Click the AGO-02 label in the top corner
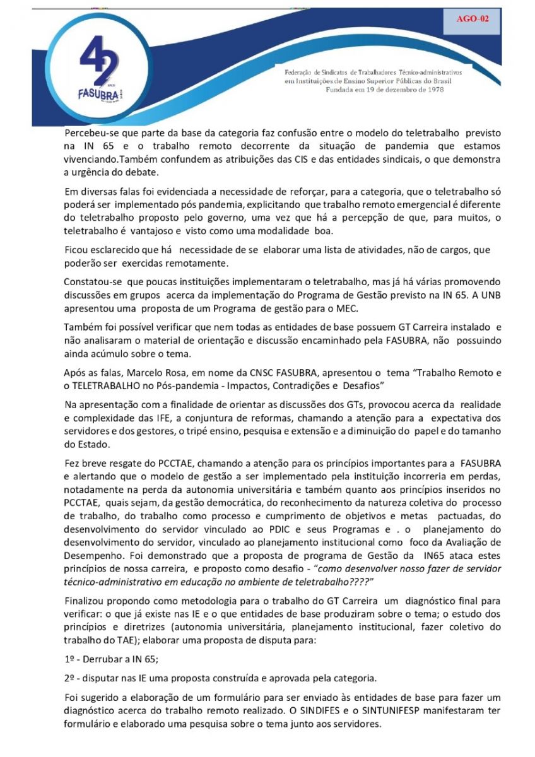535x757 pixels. [x=473, y=19]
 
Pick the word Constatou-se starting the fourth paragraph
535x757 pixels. [x=94, y=281]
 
